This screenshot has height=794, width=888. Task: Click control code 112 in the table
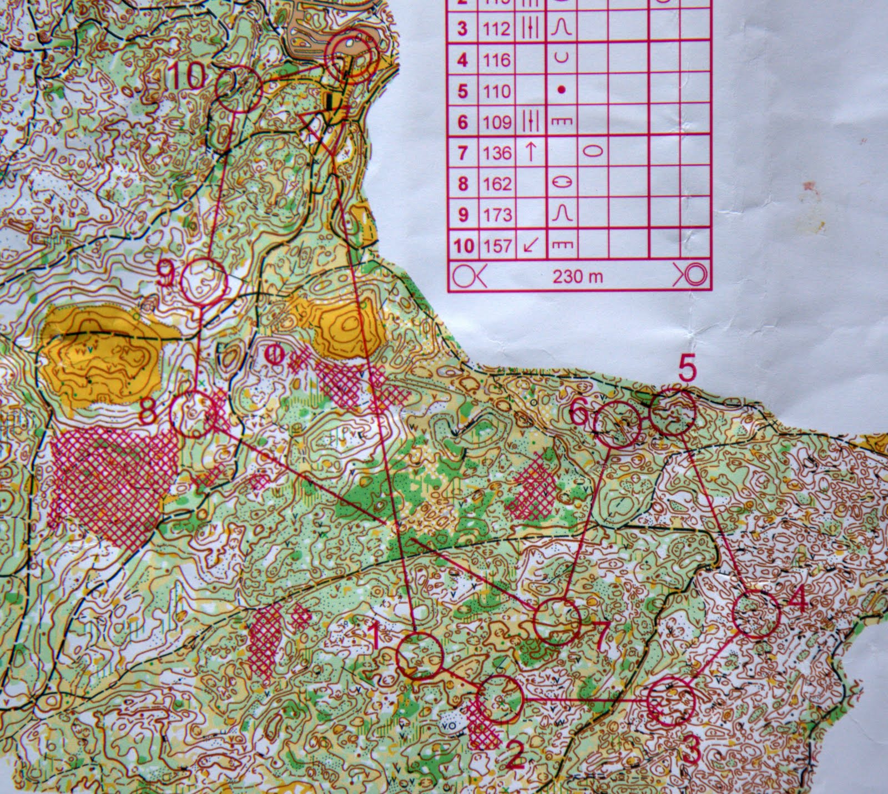[496, 28]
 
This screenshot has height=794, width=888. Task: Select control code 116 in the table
[496, 59]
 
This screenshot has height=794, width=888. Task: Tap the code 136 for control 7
[496, 152]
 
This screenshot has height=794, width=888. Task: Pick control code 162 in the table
[497, 183]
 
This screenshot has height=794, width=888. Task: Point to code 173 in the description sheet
[497, 214]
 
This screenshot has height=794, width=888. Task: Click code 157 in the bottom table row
[497, 245]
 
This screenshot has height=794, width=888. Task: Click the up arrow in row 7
[531, 151]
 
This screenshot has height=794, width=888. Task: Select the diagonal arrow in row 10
[531, 245]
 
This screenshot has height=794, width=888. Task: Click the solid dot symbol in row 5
[562, 90]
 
